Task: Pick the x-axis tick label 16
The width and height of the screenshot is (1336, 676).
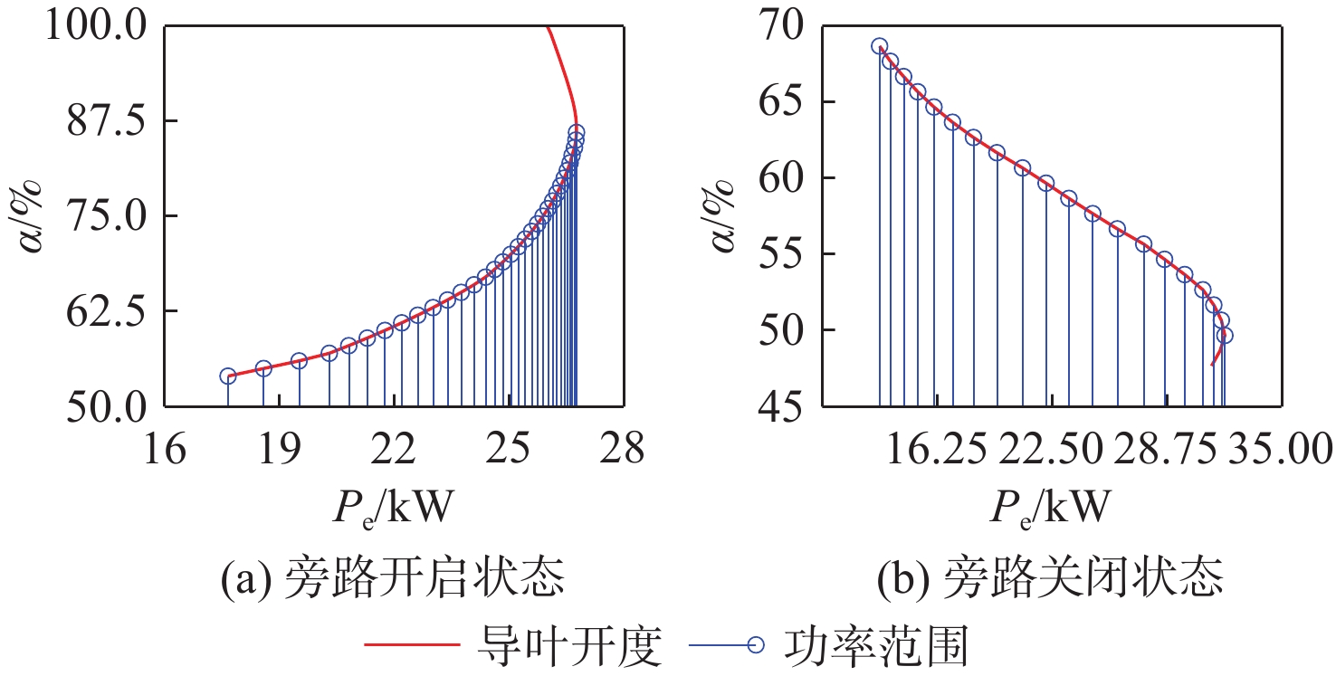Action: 164,447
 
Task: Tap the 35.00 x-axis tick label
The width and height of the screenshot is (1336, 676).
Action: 1280,447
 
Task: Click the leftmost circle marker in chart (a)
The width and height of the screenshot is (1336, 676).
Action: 228,376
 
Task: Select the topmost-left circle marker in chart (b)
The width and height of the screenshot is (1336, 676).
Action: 879,46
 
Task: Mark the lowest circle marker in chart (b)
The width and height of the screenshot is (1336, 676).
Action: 1225,335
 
